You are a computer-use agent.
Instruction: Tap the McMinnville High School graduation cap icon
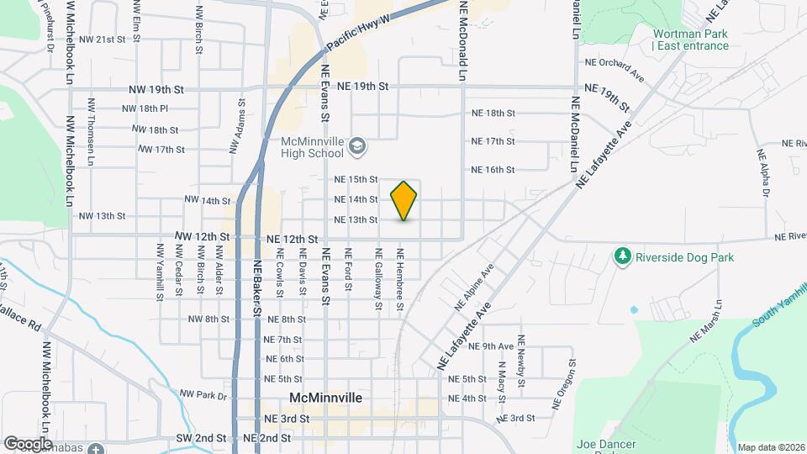(x=357, y=147)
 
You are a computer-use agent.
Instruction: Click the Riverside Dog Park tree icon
(x=622, y=255)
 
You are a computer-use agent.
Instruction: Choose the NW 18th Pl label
(x=145, y=108)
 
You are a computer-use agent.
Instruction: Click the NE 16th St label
(x=493, y=170)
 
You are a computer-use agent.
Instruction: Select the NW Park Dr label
(x=203, y=394)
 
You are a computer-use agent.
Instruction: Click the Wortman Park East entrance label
(x=690, y=40)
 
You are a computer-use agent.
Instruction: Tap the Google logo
(x=28, y=443)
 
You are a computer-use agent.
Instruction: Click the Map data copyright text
(x=771, y=447)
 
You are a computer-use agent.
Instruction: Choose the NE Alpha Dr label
(x=764, y=173)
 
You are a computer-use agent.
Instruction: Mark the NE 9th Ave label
(x=497, y=346)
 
